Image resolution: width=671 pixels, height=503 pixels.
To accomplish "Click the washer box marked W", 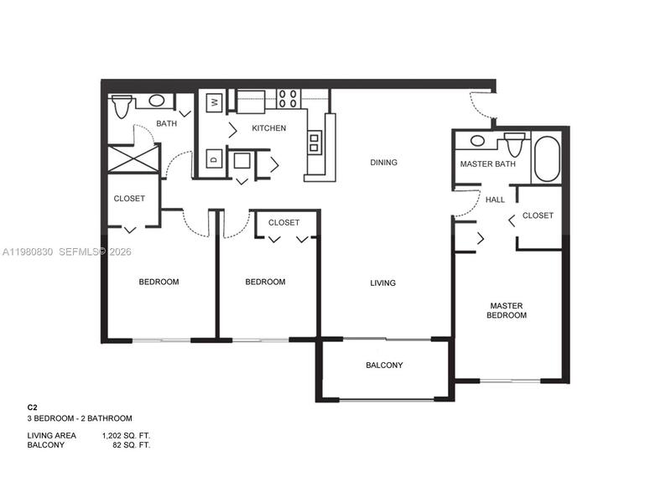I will (x=213, y=102).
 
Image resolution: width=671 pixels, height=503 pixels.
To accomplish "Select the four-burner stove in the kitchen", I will (x=289, y=99).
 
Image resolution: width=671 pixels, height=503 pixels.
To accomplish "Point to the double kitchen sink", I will (x=315, y=143).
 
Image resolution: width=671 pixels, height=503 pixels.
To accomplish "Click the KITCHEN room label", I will (x=268, y=128).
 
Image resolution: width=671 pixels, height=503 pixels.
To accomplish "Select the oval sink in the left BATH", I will (x=156, y=101).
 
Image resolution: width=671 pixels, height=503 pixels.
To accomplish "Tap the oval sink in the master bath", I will (x=477, y=141).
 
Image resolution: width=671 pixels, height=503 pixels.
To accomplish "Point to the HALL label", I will (x=496, y=200).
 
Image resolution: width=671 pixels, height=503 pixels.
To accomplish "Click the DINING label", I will (x=383, y=163).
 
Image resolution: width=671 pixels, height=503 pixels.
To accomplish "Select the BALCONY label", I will (x=384, y=366).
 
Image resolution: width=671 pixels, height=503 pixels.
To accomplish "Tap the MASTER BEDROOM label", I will (x=507, y=310).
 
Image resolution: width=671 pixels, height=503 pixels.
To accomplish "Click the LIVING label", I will (x=382, y=283).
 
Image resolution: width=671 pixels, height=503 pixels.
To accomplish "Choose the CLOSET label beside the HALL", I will (x=538, y=215).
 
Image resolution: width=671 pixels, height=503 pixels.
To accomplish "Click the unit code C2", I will (x=33, y=407).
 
